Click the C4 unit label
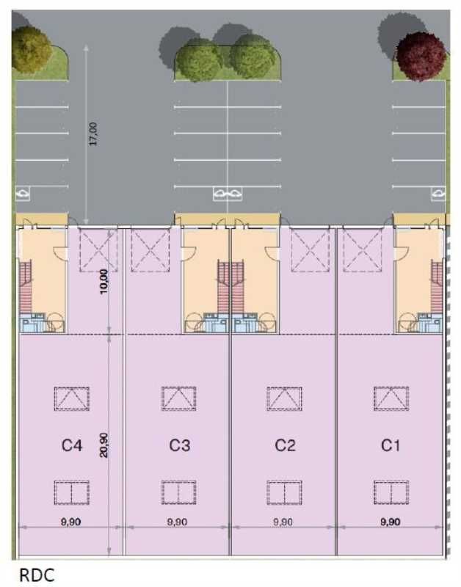click(71, 445)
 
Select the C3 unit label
click(180, 445)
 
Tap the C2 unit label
click(285, 445)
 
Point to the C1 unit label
click(391, 445)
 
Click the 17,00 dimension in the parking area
click(93, 134)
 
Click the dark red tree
click(421, 55)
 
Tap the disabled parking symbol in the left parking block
click(23, 194)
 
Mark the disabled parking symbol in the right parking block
click(438, 194)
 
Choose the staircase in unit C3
click(223, 287)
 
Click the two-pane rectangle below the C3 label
click(179, 492)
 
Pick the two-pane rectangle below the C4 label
click(71, 492)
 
